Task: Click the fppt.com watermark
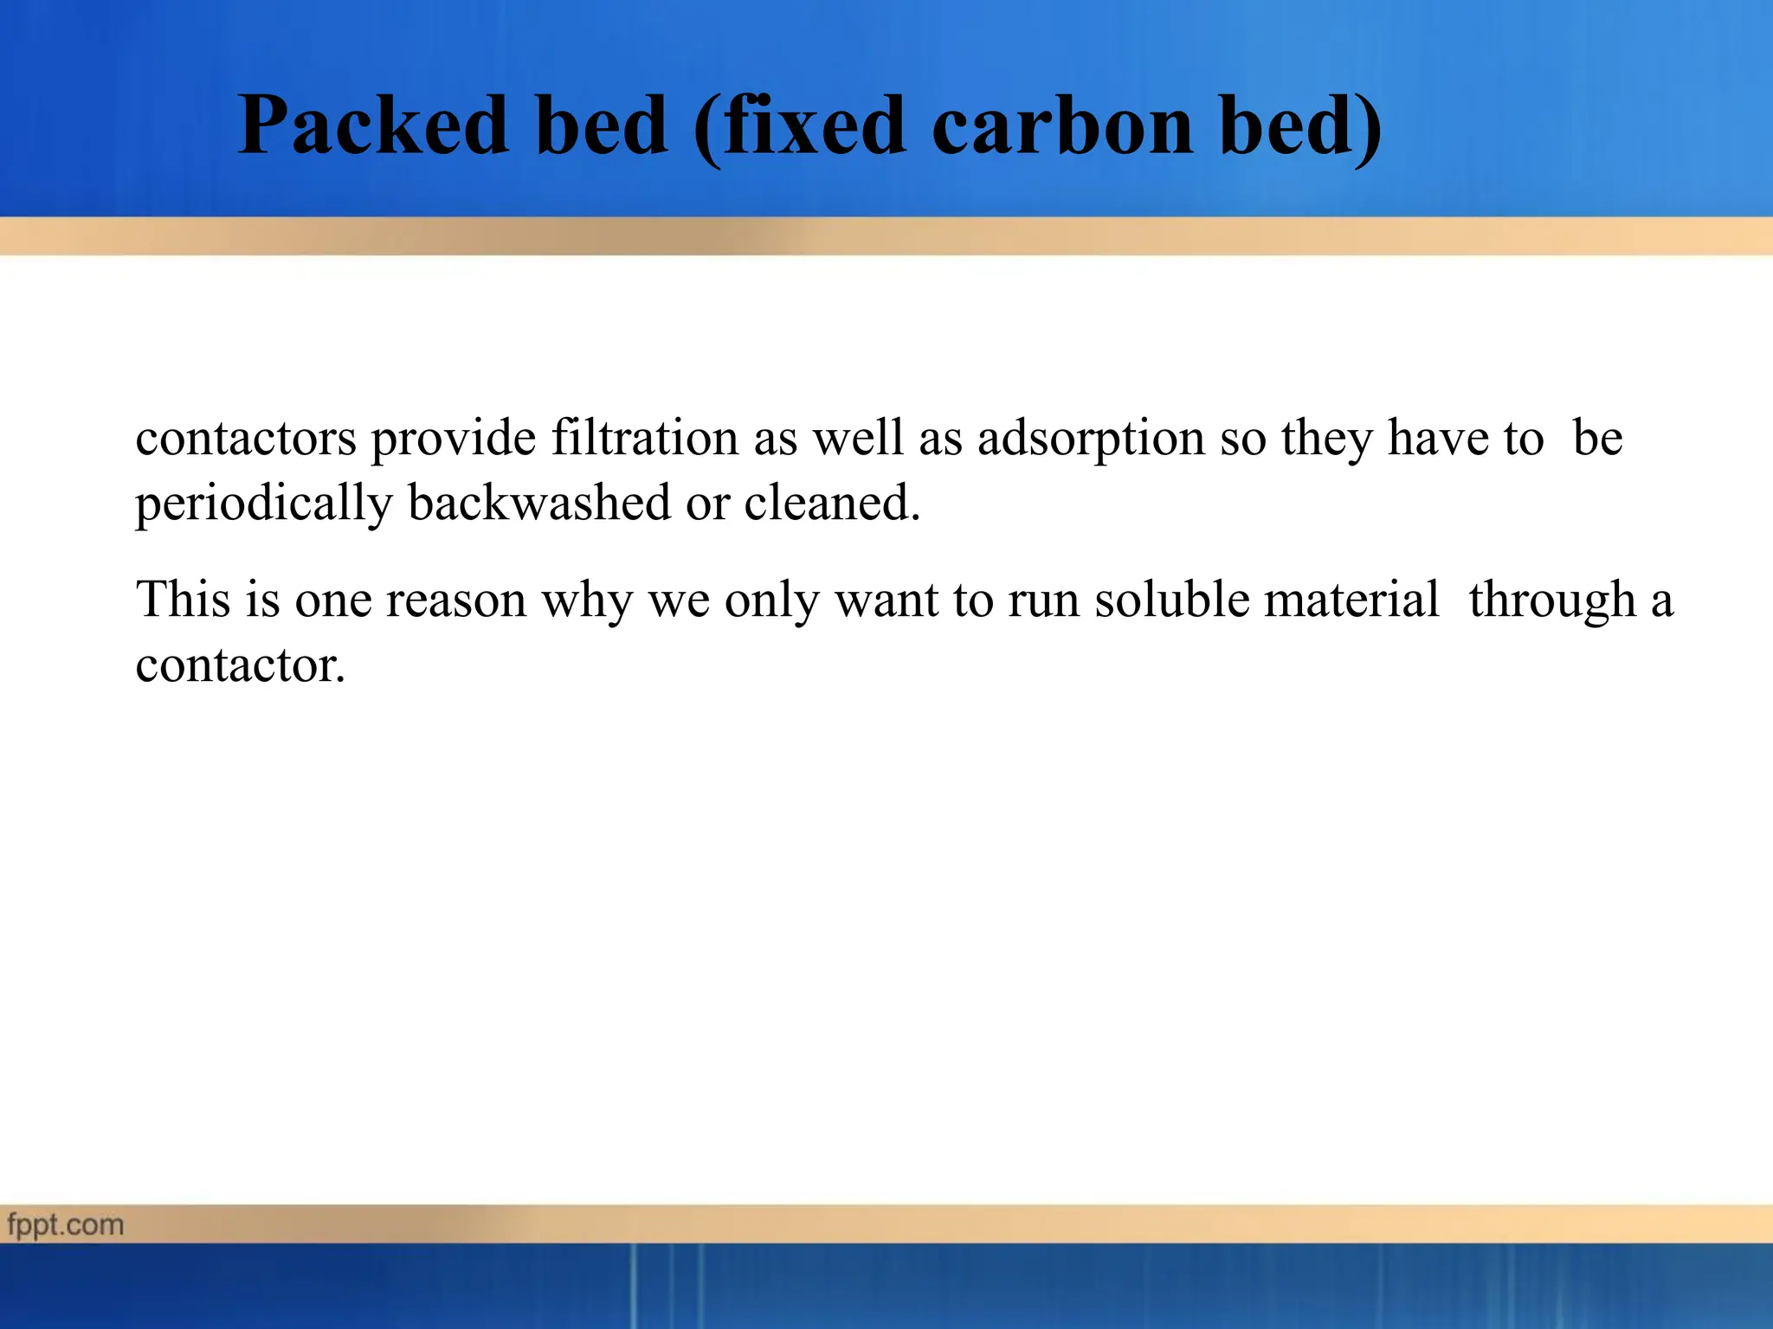(x=66, y=1225)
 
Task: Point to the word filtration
(x=645, y=438)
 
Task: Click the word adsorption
(x=1091, y=438)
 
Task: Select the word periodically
(x=264, y=504)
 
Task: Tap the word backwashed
(x=538, y=503)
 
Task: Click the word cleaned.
(x=831, y=503)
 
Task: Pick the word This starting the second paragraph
(x=184, y=599)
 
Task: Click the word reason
(x=455, y=599)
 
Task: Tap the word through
(x=1552, y=600)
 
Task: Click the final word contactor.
(x=240, y=665)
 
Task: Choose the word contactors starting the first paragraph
(x=246, y=438)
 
